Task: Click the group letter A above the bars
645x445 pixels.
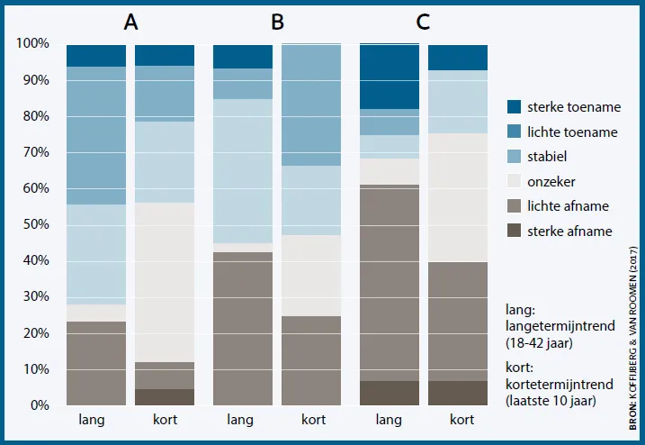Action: pos(130,22)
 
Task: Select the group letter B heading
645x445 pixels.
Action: pos(278,22)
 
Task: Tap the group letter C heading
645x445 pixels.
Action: pos(423,22)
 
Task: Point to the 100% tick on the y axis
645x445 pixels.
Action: pos(32,43)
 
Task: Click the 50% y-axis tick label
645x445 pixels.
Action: pos(36,224)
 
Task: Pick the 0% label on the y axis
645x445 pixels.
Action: pos(40,405)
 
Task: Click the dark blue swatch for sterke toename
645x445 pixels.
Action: pos(514,106)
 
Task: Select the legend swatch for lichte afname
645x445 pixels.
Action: pos(514,206)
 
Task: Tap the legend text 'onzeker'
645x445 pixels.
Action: pos(551,181)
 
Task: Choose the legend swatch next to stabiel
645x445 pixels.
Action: pos(514,157)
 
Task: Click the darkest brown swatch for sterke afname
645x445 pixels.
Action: pos(514,231)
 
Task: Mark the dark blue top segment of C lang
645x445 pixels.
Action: pos(390,77)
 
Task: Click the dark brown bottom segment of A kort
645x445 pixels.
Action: pos(165,397)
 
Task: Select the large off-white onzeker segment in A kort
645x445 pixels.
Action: pos(165,282)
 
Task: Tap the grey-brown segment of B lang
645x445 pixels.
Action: pos(243,329)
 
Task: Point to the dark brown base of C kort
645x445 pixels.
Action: pos(458,393)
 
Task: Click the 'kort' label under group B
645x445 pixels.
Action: pos(313,420)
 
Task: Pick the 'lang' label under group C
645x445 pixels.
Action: pos(389,420)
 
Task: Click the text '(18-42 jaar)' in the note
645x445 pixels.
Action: pos(539,343)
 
